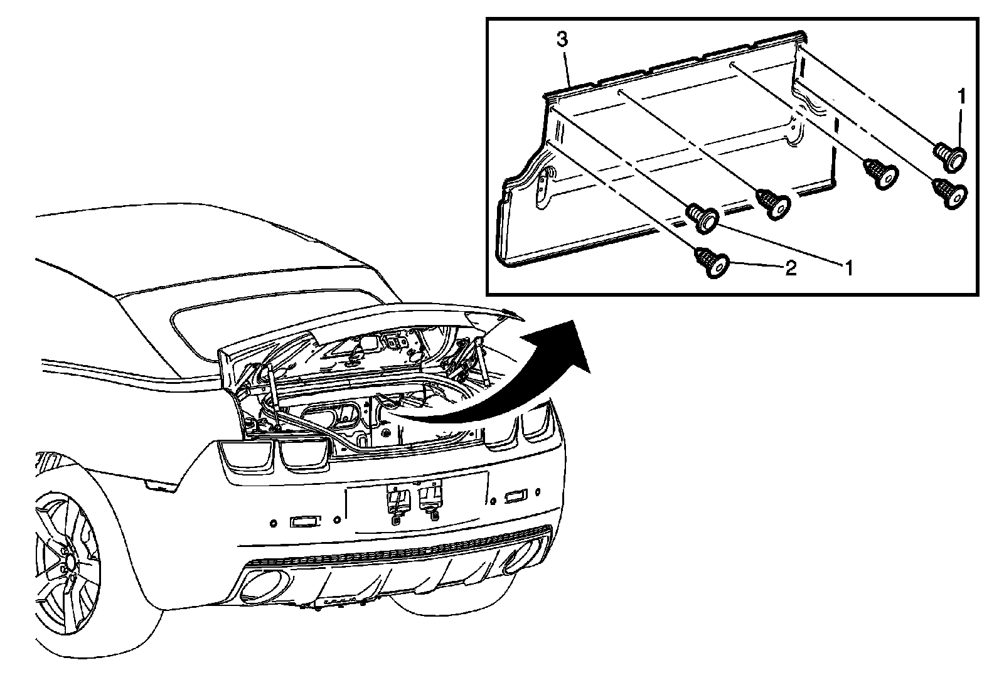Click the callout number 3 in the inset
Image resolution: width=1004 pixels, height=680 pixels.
click(562, 40)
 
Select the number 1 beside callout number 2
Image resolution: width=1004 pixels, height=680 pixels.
click(848, 268)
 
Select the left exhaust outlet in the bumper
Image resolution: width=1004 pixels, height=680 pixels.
click(257, 585)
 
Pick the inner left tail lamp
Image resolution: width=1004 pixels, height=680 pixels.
click(303, 452)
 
